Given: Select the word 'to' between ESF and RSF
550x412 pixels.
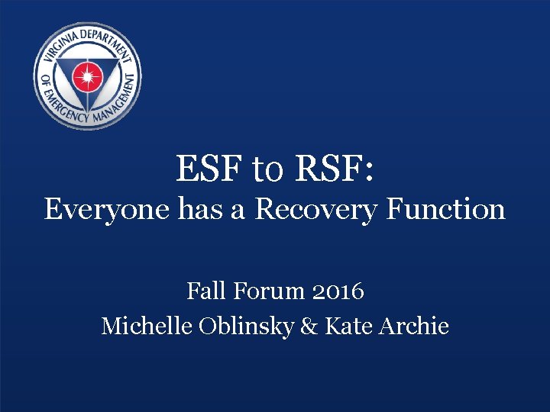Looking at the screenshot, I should (267, 170).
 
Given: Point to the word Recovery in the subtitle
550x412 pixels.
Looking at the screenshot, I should (315, 209).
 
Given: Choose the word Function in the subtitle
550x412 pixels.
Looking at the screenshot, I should (445, 208).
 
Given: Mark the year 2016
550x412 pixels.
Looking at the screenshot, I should (338, 291).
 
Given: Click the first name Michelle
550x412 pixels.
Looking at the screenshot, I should (146, 326).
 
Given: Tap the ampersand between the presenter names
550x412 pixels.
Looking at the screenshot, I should (309, 326).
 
